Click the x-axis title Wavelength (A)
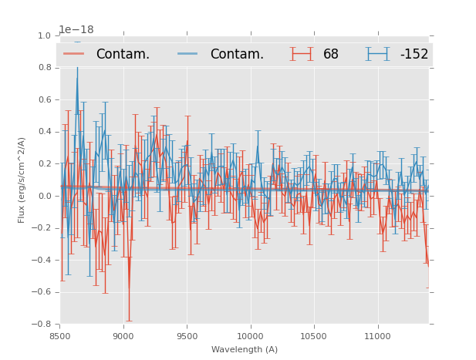pyautogui.click(x=245, y=349)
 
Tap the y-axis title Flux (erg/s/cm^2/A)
pyautogui.click(x=22, y=180)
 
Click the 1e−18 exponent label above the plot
pyautogui.click(x=76, y=30)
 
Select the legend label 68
pyautogui.click(x=331, y=54)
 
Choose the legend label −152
pyautogui.click(x=414, y=54)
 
